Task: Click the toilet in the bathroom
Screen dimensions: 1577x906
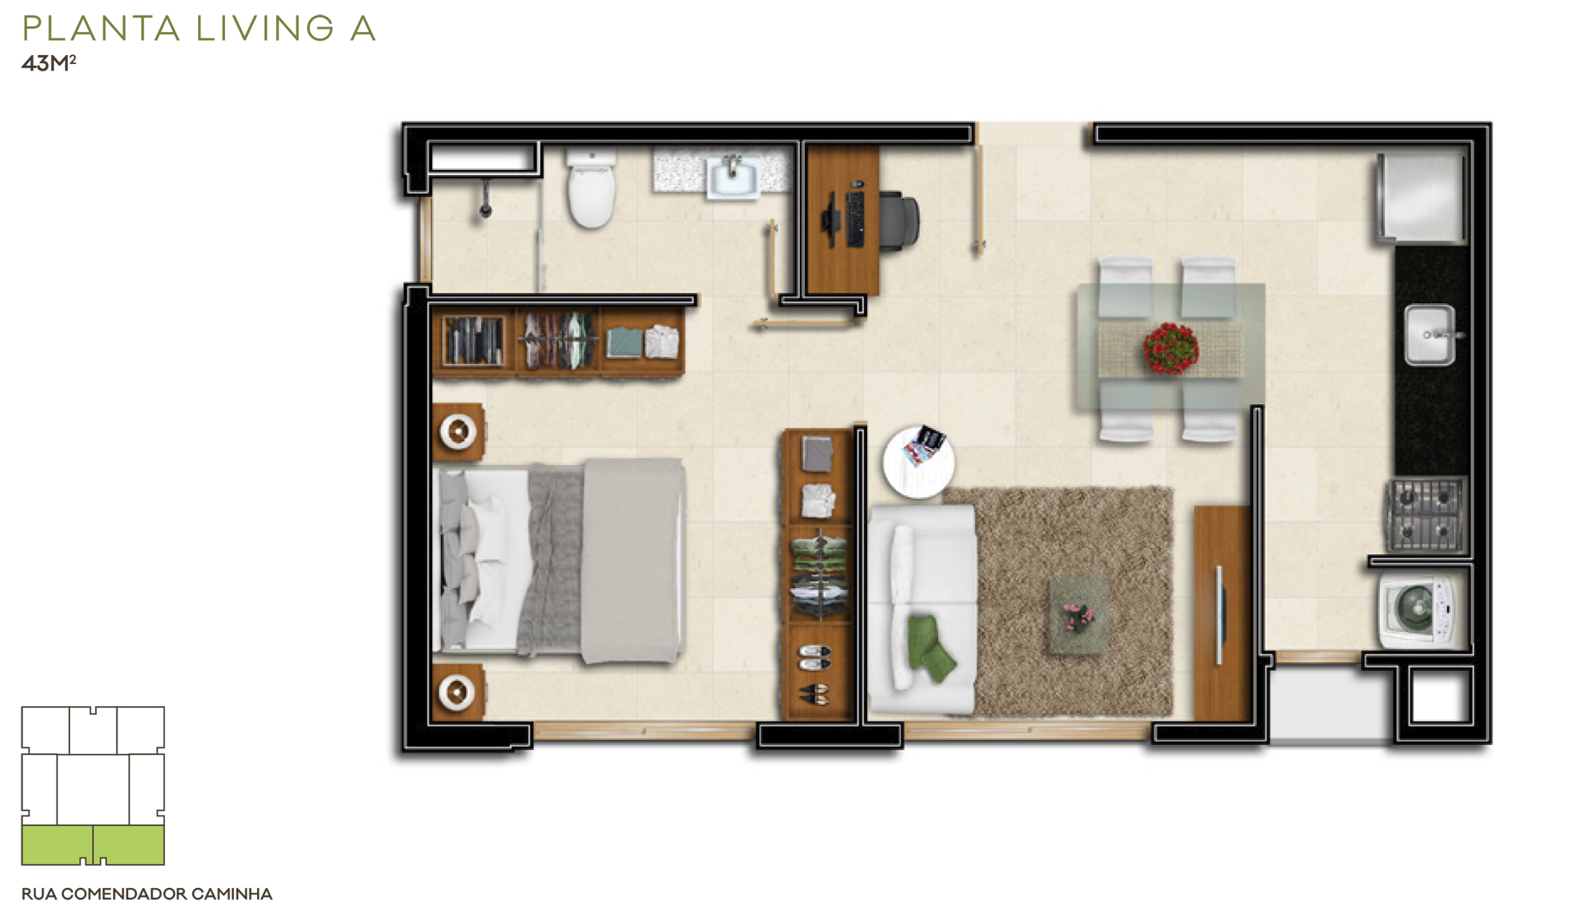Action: [x=591, y=189]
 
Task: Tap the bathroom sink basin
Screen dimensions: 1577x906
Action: [x=733, y=178]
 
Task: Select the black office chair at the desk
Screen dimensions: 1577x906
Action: [x=899, y=219]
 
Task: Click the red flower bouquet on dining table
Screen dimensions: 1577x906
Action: [x=1170, y=348]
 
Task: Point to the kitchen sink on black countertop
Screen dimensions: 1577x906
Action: [x=1430, y=335]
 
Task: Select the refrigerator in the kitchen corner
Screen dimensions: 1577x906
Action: [x=1422, y=197]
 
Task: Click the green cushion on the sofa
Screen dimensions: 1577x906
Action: [x=930, y=647]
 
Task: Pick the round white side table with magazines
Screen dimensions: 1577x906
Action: [x=918, y=462]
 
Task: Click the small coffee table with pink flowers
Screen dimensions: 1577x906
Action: [x=1078, y=614]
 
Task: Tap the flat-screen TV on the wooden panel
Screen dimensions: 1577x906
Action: [x=1220, y=614]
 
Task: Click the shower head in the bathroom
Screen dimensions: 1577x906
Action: [x=485, y=200]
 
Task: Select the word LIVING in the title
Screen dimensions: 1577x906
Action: [x=265, y=29]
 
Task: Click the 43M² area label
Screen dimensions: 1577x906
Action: [x=48, y=63]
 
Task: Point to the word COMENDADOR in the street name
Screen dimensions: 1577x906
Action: [x=124, y=894]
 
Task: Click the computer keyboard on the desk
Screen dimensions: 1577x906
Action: [x=855, y=218]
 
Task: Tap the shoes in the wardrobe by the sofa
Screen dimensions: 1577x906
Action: [x=814, y=674]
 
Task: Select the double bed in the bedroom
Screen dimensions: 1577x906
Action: [x=559, y=560]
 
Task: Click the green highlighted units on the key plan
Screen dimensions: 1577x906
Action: [x=93, y=845]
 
